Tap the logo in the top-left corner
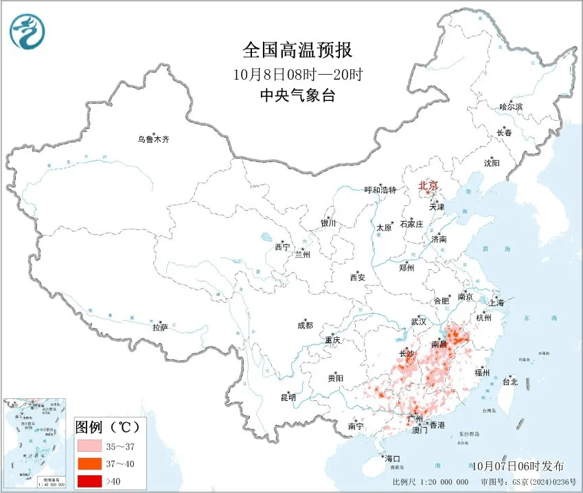tap(25, 30)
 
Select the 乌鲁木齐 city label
tap(152, 139)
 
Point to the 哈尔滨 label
tap(511, 107)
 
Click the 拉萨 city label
tap(160, 328)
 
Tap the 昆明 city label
tap(288, 398)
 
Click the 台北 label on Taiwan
tap(510, 382)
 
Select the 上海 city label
tap(496, 302)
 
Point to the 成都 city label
tap(305, 325)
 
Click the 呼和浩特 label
tap(380, 190)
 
